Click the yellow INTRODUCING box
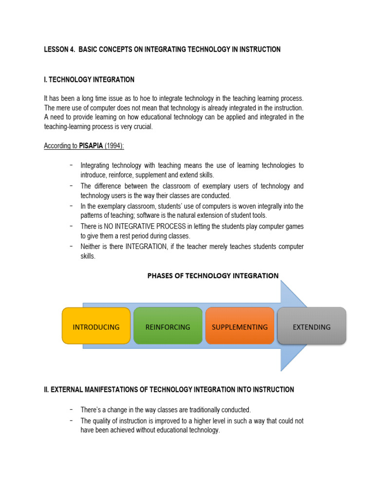[96, 326]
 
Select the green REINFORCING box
[168, 326]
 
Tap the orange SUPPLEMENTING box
[240, 326]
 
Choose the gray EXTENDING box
[312, 326]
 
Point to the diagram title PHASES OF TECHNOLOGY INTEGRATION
[213, 276]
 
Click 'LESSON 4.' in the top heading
[59, 50]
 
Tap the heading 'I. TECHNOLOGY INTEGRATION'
[89, 79]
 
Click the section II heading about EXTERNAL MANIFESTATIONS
[168, 389]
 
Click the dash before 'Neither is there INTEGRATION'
[72, 246]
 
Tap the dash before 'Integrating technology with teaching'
[72, 165]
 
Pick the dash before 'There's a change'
[72, 409]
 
